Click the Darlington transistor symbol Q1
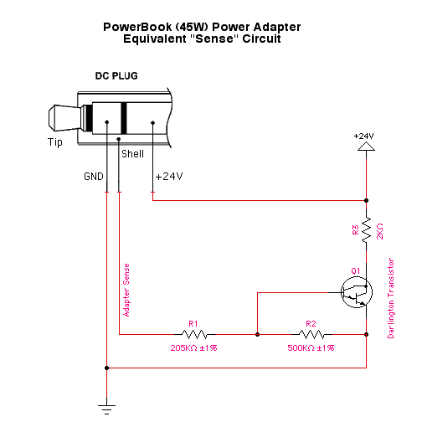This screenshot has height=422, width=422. (x=357, y=292)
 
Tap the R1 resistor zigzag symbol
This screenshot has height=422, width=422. (x=194, y=334)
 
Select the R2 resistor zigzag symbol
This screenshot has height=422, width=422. (x=311, y=334)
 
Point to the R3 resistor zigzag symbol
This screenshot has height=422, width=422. (x=366, y=230)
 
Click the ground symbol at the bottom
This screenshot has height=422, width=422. (x=106, y=409)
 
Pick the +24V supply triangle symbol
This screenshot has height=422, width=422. (x=366, y=147)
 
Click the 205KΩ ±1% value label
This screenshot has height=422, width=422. (x=193, y=348)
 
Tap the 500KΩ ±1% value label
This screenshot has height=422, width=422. (x=311, y=348)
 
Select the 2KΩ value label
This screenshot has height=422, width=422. (x=380, y=231)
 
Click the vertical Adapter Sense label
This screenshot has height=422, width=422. (x=126, y=291)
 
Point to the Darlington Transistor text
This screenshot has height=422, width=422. (x=391, y=298)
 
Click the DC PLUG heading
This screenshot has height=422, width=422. (x=116, y=76)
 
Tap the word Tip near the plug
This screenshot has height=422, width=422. (x=55, y=142)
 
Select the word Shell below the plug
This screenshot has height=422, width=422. (x=132, y=154)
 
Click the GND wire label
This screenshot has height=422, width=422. (x=94, y=177)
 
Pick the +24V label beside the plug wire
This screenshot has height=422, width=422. (x=169, y=177)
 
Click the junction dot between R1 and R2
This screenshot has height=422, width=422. (x=257, y=334)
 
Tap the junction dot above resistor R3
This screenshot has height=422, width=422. (x=366, y=200)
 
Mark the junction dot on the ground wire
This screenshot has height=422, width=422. (x=106, y=368)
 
